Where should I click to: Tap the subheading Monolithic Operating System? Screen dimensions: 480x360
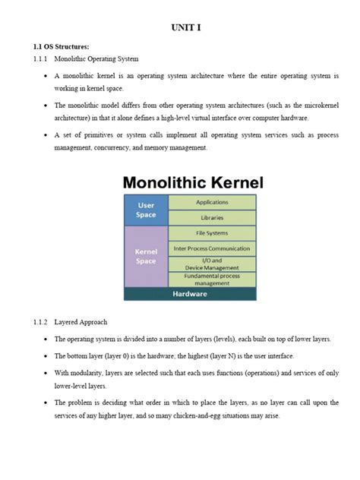tap(96, 58)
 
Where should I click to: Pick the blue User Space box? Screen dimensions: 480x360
tap(145, 210)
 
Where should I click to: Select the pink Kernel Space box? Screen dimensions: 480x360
tap(145, 256)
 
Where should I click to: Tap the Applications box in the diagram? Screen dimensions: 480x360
tap(212, 202)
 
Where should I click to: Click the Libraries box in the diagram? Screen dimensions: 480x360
tap(212, 217)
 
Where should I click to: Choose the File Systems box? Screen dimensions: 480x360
tap(212, 232)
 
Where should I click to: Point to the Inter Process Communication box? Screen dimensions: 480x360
tap(212, 248)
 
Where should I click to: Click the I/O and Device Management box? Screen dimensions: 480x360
tap(212, 264)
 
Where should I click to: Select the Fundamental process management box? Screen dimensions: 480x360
tap(212, 279)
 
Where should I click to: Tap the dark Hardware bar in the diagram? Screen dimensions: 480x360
tap(190, 294)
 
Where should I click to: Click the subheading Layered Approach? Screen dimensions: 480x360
tap(81, 321)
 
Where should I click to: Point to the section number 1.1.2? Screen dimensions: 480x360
tap(40, 321)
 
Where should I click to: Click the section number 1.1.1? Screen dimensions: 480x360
tap(40, 58)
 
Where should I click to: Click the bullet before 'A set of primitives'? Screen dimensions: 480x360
tap(46, 134)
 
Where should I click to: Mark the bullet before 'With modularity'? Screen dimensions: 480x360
tap(46, 373)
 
